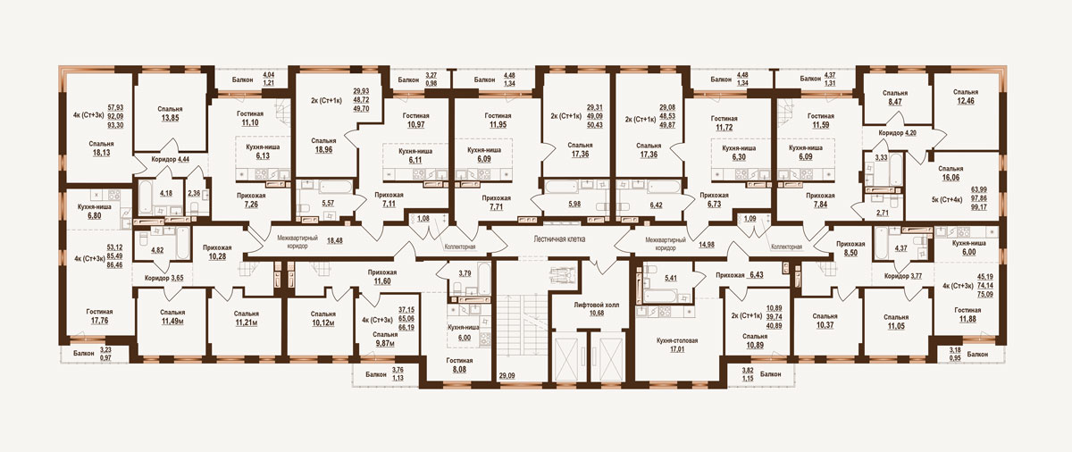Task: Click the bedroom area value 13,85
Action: [170, 118]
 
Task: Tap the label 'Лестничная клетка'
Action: [559, 239]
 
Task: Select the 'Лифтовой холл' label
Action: [597, 305]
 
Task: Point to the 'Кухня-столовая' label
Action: [677, 340]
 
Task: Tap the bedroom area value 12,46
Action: [966, 102]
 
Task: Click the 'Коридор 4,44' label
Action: [171, 159]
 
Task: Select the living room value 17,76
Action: [99, 321]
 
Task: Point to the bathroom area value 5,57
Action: [328, 204]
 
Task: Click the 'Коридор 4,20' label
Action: [898, 133]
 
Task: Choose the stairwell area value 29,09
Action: [507, 376]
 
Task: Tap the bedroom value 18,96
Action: [322, 150]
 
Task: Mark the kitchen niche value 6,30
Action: [739, 157]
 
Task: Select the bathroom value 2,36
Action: [194, 193]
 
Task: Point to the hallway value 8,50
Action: [850, 253]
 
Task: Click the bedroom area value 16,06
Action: [950, 178]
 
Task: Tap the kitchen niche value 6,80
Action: [94, 215]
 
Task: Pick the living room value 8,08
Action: [459, 370]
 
